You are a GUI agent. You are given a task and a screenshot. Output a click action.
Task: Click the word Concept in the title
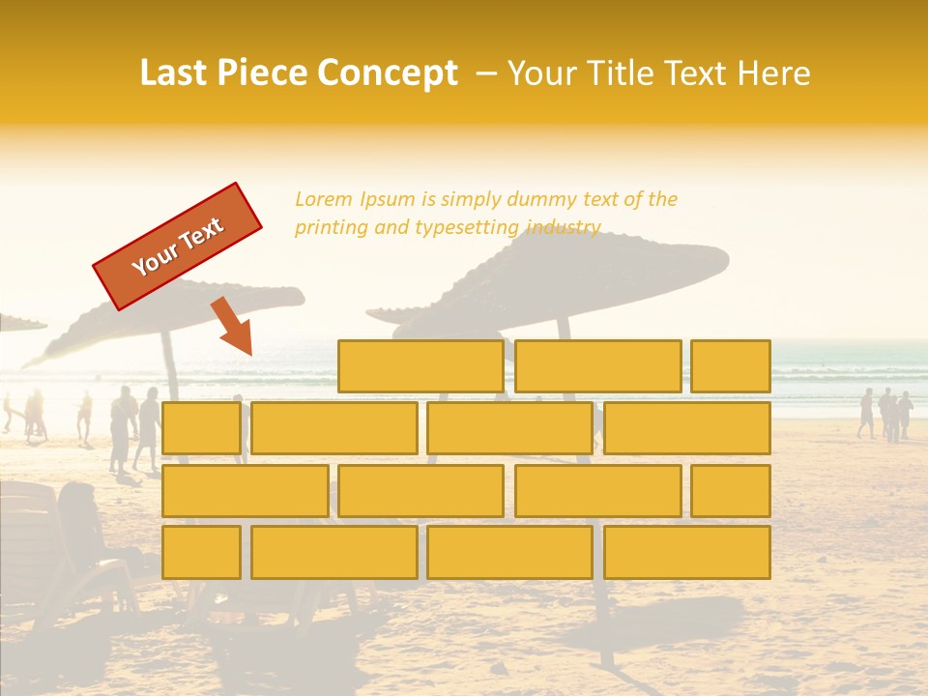(389, 73)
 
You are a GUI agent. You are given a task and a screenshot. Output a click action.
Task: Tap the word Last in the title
(173, 73)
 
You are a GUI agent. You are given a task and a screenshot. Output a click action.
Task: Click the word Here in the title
(773, 73)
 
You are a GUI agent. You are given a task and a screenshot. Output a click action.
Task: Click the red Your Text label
(178, 246)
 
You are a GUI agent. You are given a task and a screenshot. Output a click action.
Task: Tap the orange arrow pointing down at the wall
(233, 327)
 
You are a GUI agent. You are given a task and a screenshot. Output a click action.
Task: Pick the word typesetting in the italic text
(467, 228)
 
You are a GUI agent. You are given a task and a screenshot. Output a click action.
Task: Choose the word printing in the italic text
(330, 228)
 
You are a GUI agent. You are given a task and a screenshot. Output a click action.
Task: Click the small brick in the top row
(731, 366)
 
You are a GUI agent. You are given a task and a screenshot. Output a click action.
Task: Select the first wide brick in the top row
(420, 366)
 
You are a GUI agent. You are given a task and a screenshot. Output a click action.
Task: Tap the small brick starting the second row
(201, 428)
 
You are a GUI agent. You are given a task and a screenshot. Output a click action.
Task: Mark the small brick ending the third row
(731, 490)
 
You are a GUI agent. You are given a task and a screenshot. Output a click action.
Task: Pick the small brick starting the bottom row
(201, 552)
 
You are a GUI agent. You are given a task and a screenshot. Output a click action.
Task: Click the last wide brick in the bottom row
(687, 552)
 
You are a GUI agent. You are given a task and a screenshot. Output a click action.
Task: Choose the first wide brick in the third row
(245, 490)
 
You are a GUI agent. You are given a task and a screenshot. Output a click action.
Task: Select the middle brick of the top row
(597, 366)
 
